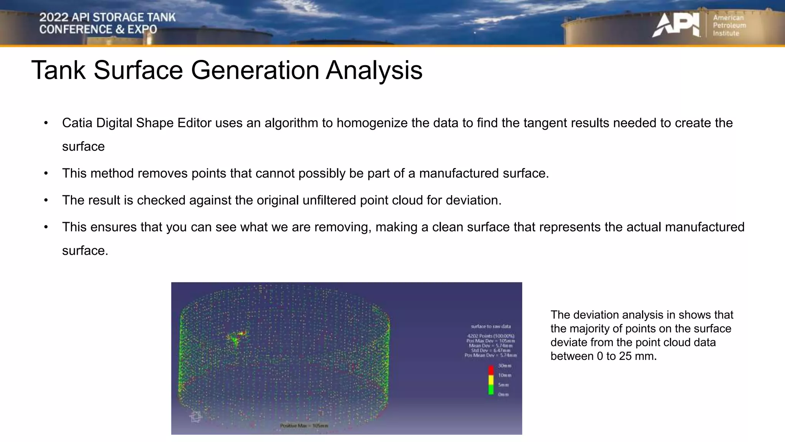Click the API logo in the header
tap(675, 25)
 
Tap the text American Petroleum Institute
tap(729, 25)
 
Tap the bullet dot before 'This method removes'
tap(46, 173)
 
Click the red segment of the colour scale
tap(491, 370)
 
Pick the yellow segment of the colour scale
tap(491, 380)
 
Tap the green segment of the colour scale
tap(491, 389)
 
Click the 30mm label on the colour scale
tap(504, 366)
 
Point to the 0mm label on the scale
tap(503, 394)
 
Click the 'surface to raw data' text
tap(491, 327)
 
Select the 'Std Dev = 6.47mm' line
tap(491, 350)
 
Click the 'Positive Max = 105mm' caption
tap(304, 426)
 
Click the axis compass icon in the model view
tap(195, 417)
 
